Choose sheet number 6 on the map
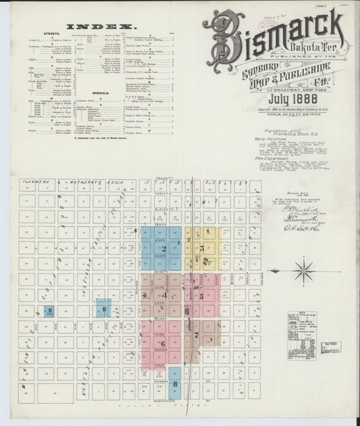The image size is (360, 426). [164, 343]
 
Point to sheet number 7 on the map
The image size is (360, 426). [197, 334]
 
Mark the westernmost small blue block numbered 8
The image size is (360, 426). [49, 311]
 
